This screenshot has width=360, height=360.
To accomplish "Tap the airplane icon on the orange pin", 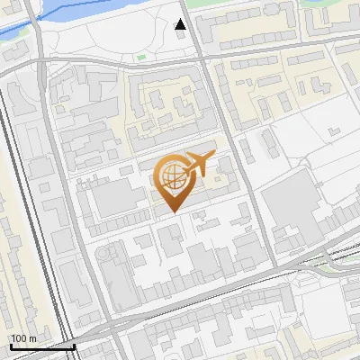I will [197, 163].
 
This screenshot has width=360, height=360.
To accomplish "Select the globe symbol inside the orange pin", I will [171, 173].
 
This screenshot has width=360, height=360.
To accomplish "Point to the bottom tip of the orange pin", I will [172, 211].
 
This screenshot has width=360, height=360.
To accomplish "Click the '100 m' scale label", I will [23, 338].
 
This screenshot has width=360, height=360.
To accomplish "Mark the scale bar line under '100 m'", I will [41, 346].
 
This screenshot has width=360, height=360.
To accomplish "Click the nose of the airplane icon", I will [214, 154].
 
